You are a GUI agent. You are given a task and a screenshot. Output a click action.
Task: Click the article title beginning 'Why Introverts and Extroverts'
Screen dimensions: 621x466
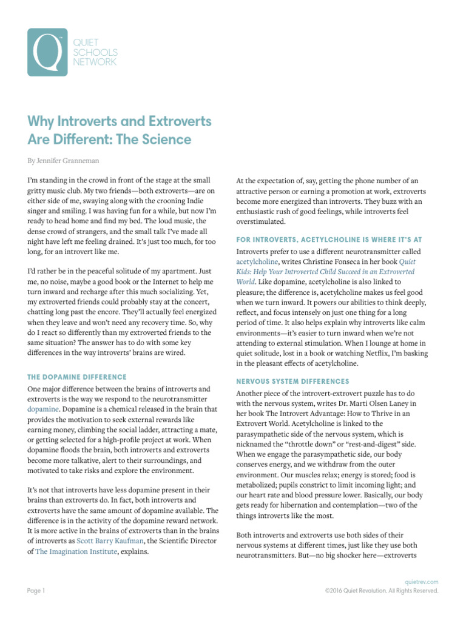(120, 130)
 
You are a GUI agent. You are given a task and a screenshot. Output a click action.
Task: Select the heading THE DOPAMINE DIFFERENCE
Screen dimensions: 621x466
(77, 377)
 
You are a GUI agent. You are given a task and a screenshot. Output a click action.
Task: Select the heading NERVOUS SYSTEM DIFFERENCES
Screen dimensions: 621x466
(292, 381)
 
